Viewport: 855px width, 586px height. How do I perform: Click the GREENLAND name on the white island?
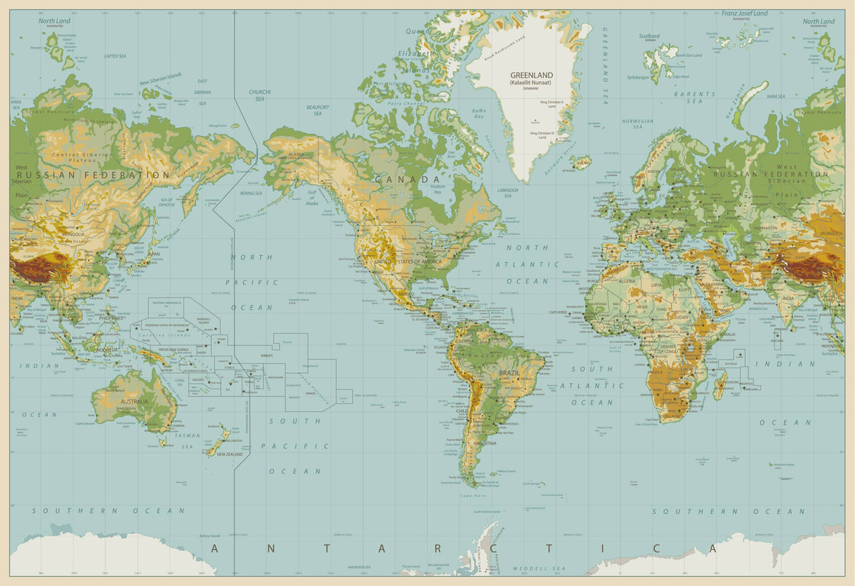[x=531, y=75]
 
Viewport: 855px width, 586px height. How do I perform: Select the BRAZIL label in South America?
[x=509, y=372]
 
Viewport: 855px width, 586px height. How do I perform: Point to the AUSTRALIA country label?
[x=134, y=402]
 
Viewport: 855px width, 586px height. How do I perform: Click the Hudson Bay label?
[x=438, y=189]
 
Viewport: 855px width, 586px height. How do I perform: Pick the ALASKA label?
[x=296, y=154]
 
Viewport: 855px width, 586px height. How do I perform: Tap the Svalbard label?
[x=649, y=36]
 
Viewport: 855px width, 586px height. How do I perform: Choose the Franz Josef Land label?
[x=745, y=14]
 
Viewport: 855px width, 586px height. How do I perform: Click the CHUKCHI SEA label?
[x=259, y=95]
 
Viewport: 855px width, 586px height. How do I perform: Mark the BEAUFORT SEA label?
[x=318, y=110]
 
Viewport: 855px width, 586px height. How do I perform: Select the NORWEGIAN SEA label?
[x=637, y=124]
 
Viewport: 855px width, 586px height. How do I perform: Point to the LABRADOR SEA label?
[x=508, y=193]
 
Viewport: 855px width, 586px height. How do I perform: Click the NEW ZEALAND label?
[x=229, y=454]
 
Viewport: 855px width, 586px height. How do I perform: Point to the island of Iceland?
[x=581, y=162]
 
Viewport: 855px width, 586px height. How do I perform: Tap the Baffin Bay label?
[x=479, y=113]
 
